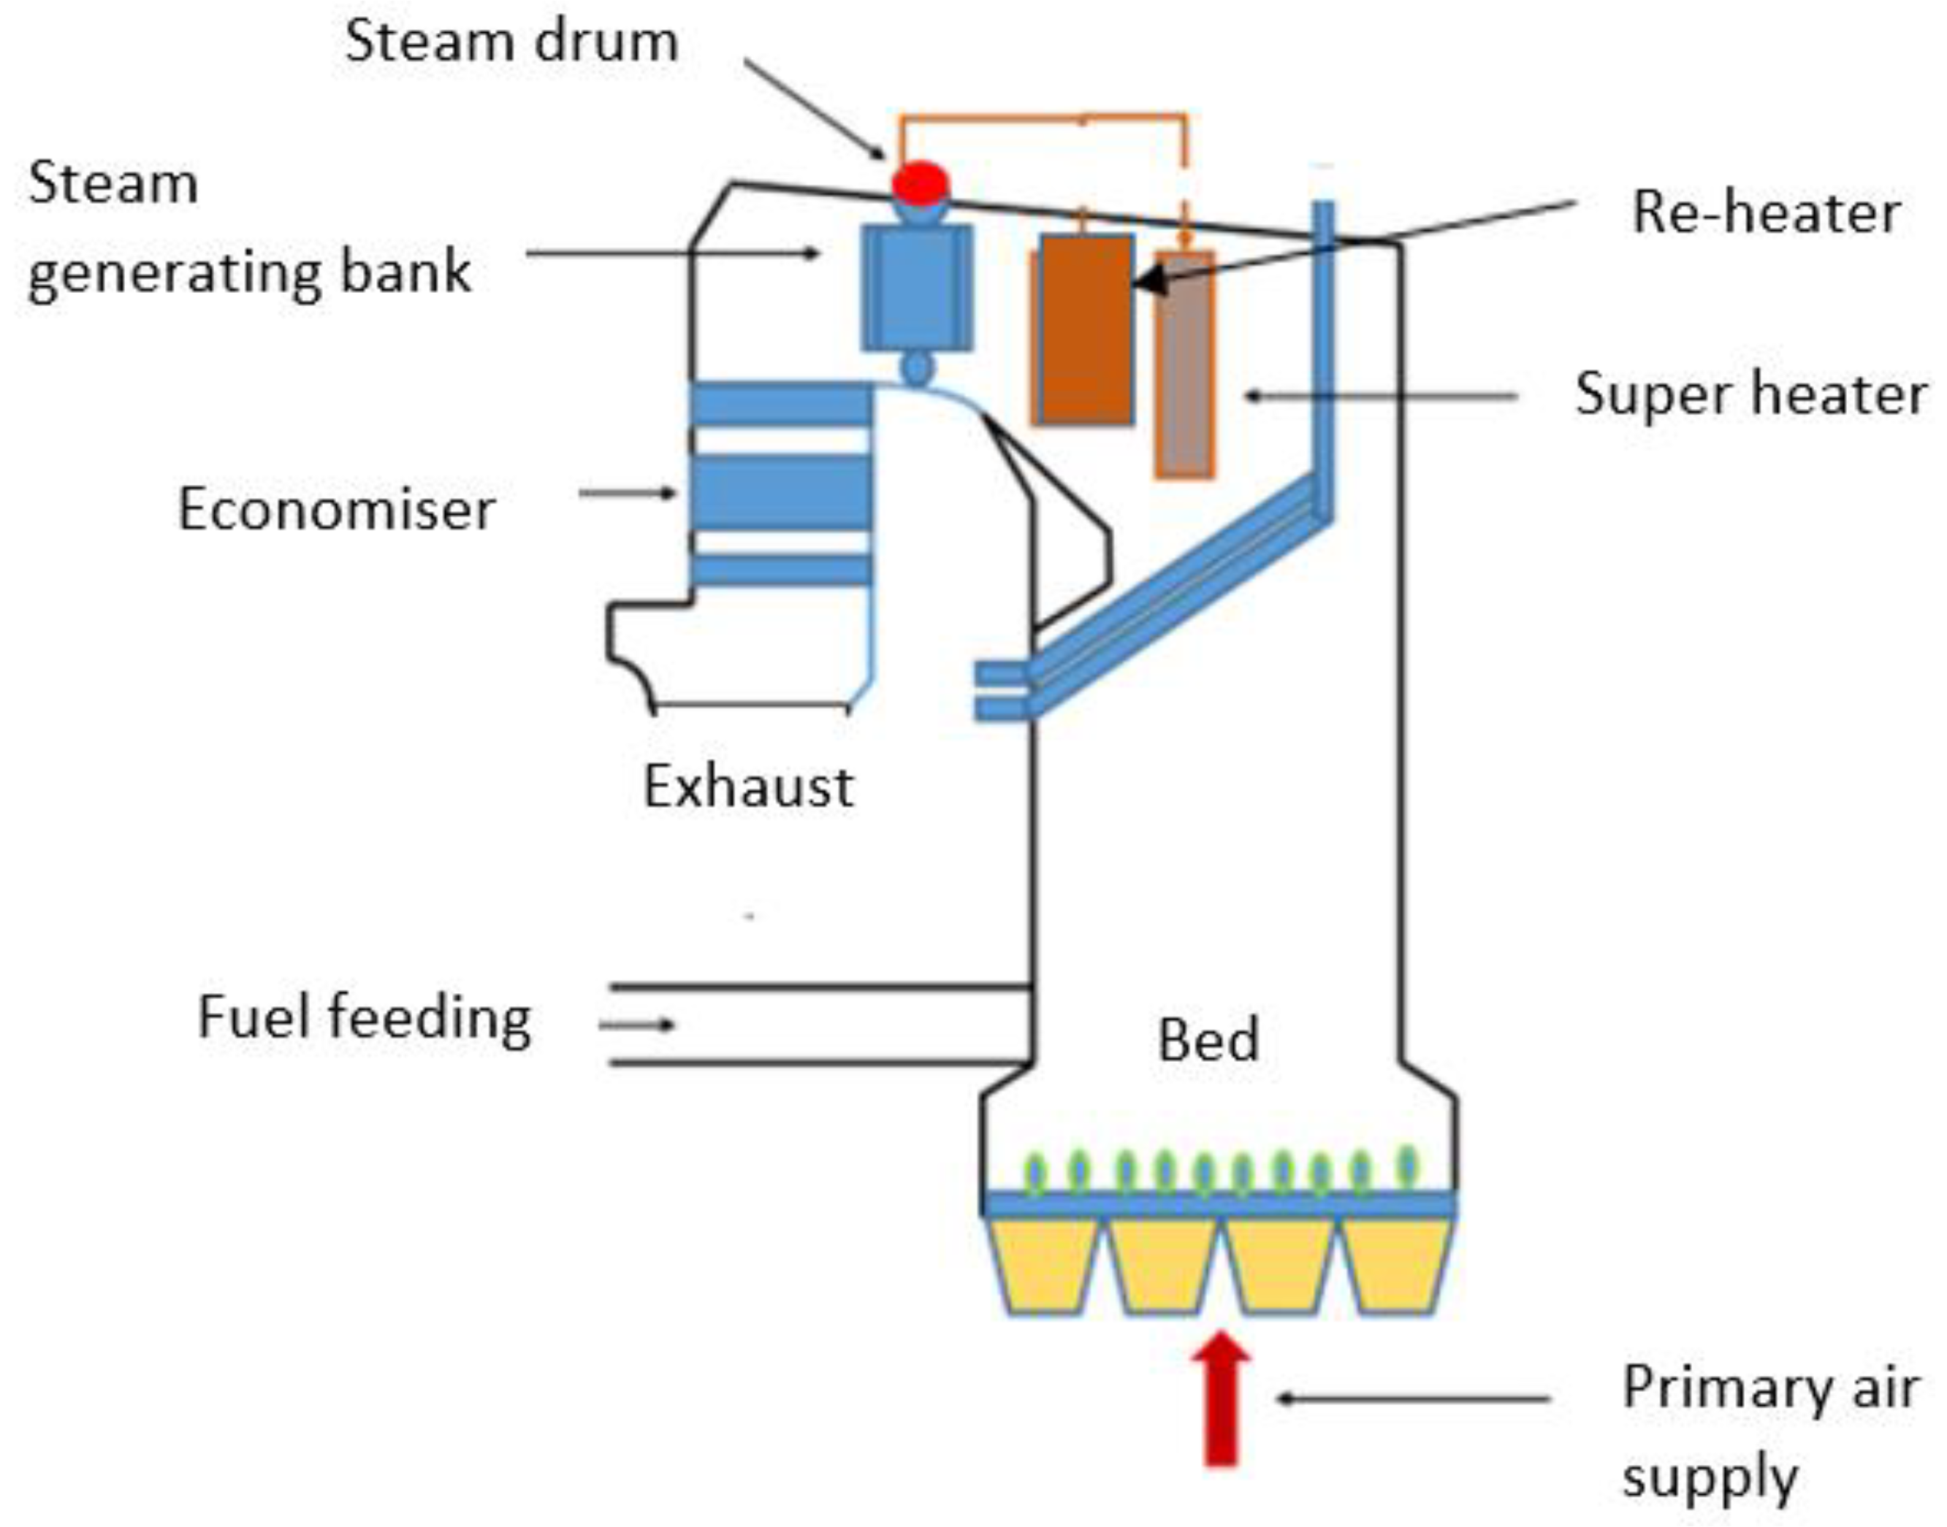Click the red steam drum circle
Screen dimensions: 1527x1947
[x=921, y=183]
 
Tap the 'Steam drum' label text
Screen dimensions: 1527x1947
[x=511, y=42]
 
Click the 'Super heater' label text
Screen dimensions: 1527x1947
[x=1750, y=394]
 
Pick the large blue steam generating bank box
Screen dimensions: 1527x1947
[x=917, y=287]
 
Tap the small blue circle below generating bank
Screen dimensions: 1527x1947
[x=917, y=367]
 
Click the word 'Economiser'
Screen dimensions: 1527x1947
[x=335, y=510]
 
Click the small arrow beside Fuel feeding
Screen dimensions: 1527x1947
[x=637, y=1025]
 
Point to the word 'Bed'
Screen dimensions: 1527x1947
[x=1208, y=1040]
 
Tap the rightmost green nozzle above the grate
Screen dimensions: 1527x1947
[x=1408, y=1165]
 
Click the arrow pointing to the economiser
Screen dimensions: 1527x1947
[x=628, y=493]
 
